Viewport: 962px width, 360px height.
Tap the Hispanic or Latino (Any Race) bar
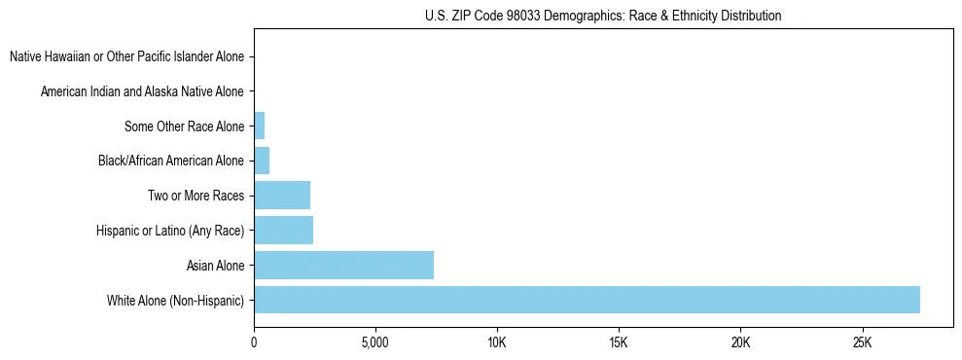[283, 230]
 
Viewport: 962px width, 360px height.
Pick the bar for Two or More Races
[282, 195]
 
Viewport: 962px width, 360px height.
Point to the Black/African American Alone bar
[262, 161]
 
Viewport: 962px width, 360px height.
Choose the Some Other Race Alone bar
[259, 126]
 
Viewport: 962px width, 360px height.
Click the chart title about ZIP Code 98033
[603, 16]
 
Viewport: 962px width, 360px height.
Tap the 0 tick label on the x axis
[254, 343]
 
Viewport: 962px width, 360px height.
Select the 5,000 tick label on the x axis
[375, 343]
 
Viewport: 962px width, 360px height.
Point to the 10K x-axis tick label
[497, 343]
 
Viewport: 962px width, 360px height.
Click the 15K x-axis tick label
[619, 343]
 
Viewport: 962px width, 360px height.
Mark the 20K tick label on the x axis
[740, 343]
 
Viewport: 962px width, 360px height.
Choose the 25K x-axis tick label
[862, 343]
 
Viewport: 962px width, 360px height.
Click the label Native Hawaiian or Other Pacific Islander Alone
[126, 56]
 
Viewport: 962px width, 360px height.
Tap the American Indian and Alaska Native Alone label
[142, 91]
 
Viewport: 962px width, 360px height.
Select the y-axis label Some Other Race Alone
[184, 126]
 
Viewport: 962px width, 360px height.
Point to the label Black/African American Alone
[171, 161]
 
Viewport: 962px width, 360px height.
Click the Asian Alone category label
[215, 265]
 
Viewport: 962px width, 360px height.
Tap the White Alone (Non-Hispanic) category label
[176, 300]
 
